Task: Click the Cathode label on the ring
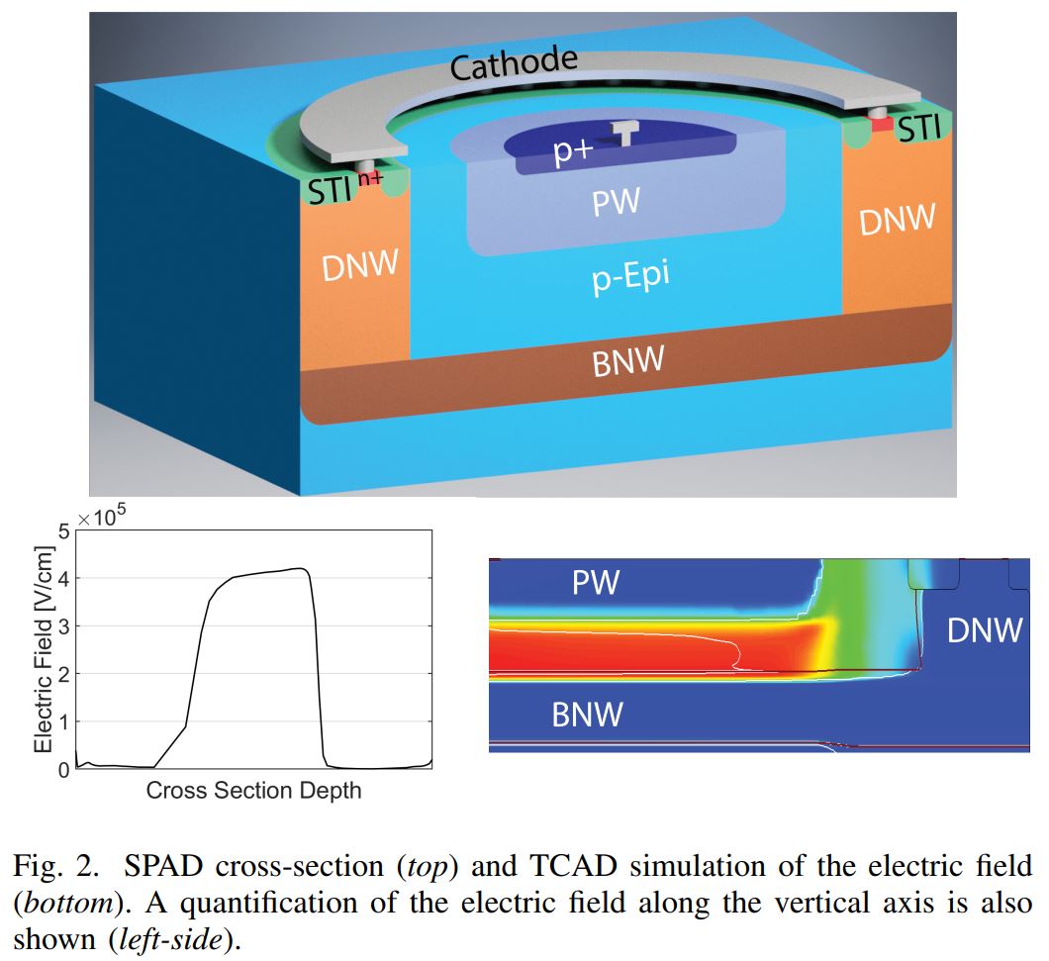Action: (x=514, y=64)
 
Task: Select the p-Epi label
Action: (x=630, y=277)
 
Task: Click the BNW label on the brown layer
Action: (x=627, y=362)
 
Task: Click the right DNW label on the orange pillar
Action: (x=896, y=220)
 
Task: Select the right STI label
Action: (x=917, y=129)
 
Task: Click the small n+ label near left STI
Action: (x=370, y=179)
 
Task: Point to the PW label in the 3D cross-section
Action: (x=616, y=204)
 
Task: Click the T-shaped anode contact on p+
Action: (x=625, y=132)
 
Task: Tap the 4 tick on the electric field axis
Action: (x=64, y=579)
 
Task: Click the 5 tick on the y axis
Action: (x=64, y=531)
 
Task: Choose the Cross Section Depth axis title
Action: (x=253, y=791)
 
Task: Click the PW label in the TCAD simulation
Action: (x=596, y=583)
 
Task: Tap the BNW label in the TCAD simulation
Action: (x=587, y=714)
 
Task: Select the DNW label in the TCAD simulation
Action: (x=984, y=630)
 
